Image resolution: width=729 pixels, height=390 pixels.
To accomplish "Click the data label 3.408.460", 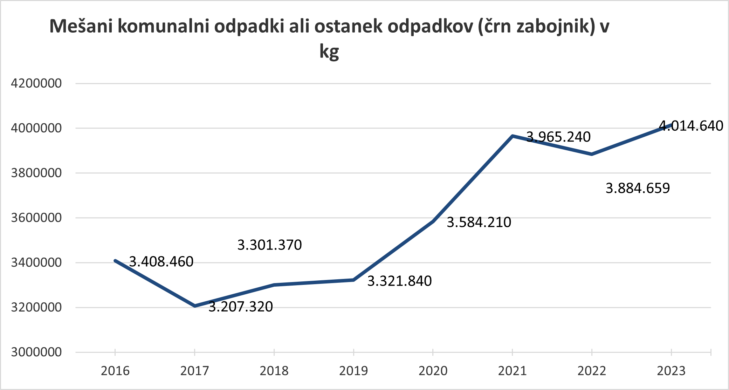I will coord(161,262).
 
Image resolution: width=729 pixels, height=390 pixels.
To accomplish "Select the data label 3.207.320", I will coord(240,307).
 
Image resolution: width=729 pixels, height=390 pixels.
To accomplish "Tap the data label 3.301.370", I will coord(269,245).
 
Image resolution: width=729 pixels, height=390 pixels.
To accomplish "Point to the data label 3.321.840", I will coord(399,281).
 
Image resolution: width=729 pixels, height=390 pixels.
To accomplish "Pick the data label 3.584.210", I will coord(479,222).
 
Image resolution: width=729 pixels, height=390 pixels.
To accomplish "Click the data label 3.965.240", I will coord(558,137).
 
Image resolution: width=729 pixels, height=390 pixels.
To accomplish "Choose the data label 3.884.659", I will coord(638,188).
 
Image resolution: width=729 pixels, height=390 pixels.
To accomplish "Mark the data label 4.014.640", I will coord(691,126).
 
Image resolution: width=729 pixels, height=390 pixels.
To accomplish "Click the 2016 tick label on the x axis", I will coord(115,371).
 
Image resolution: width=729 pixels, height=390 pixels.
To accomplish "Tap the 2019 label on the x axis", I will coord(353,371).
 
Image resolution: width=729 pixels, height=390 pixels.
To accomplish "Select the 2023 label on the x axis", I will coord(671,371).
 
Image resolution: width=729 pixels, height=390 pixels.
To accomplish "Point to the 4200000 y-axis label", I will coord(36,83).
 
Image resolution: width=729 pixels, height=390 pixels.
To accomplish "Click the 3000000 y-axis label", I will coord(36,352).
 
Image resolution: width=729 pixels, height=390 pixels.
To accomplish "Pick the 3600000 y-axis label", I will coord(36,218).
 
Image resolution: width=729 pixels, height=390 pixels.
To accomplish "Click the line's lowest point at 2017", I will coord(195,306).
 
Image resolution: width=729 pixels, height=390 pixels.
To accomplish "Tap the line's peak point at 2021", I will coord(513,136).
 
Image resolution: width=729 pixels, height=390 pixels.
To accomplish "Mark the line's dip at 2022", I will coord(592,154).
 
